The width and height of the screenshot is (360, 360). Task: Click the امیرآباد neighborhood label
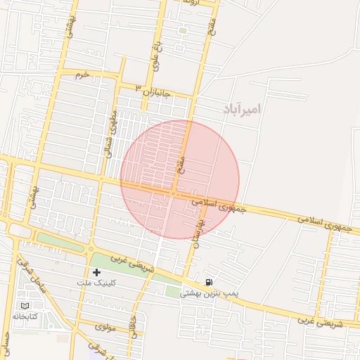[242, 109]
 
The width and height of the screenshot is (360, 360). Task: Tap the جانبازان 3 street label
[148, 90]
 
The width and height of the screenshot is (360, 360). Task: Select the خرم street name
[83, 74]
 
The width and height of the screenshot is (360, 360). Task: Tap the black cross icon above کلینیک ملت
[96, 271]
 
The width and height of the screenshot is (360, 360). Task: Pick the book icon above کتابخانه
[25, 306]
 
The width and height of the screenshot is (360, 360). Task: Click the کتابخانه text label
[25, 316]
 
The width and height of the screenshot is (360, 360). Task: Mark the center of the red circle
[179, 179]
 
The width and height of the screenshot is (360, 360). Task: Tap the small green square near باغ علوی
[183, 30]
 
